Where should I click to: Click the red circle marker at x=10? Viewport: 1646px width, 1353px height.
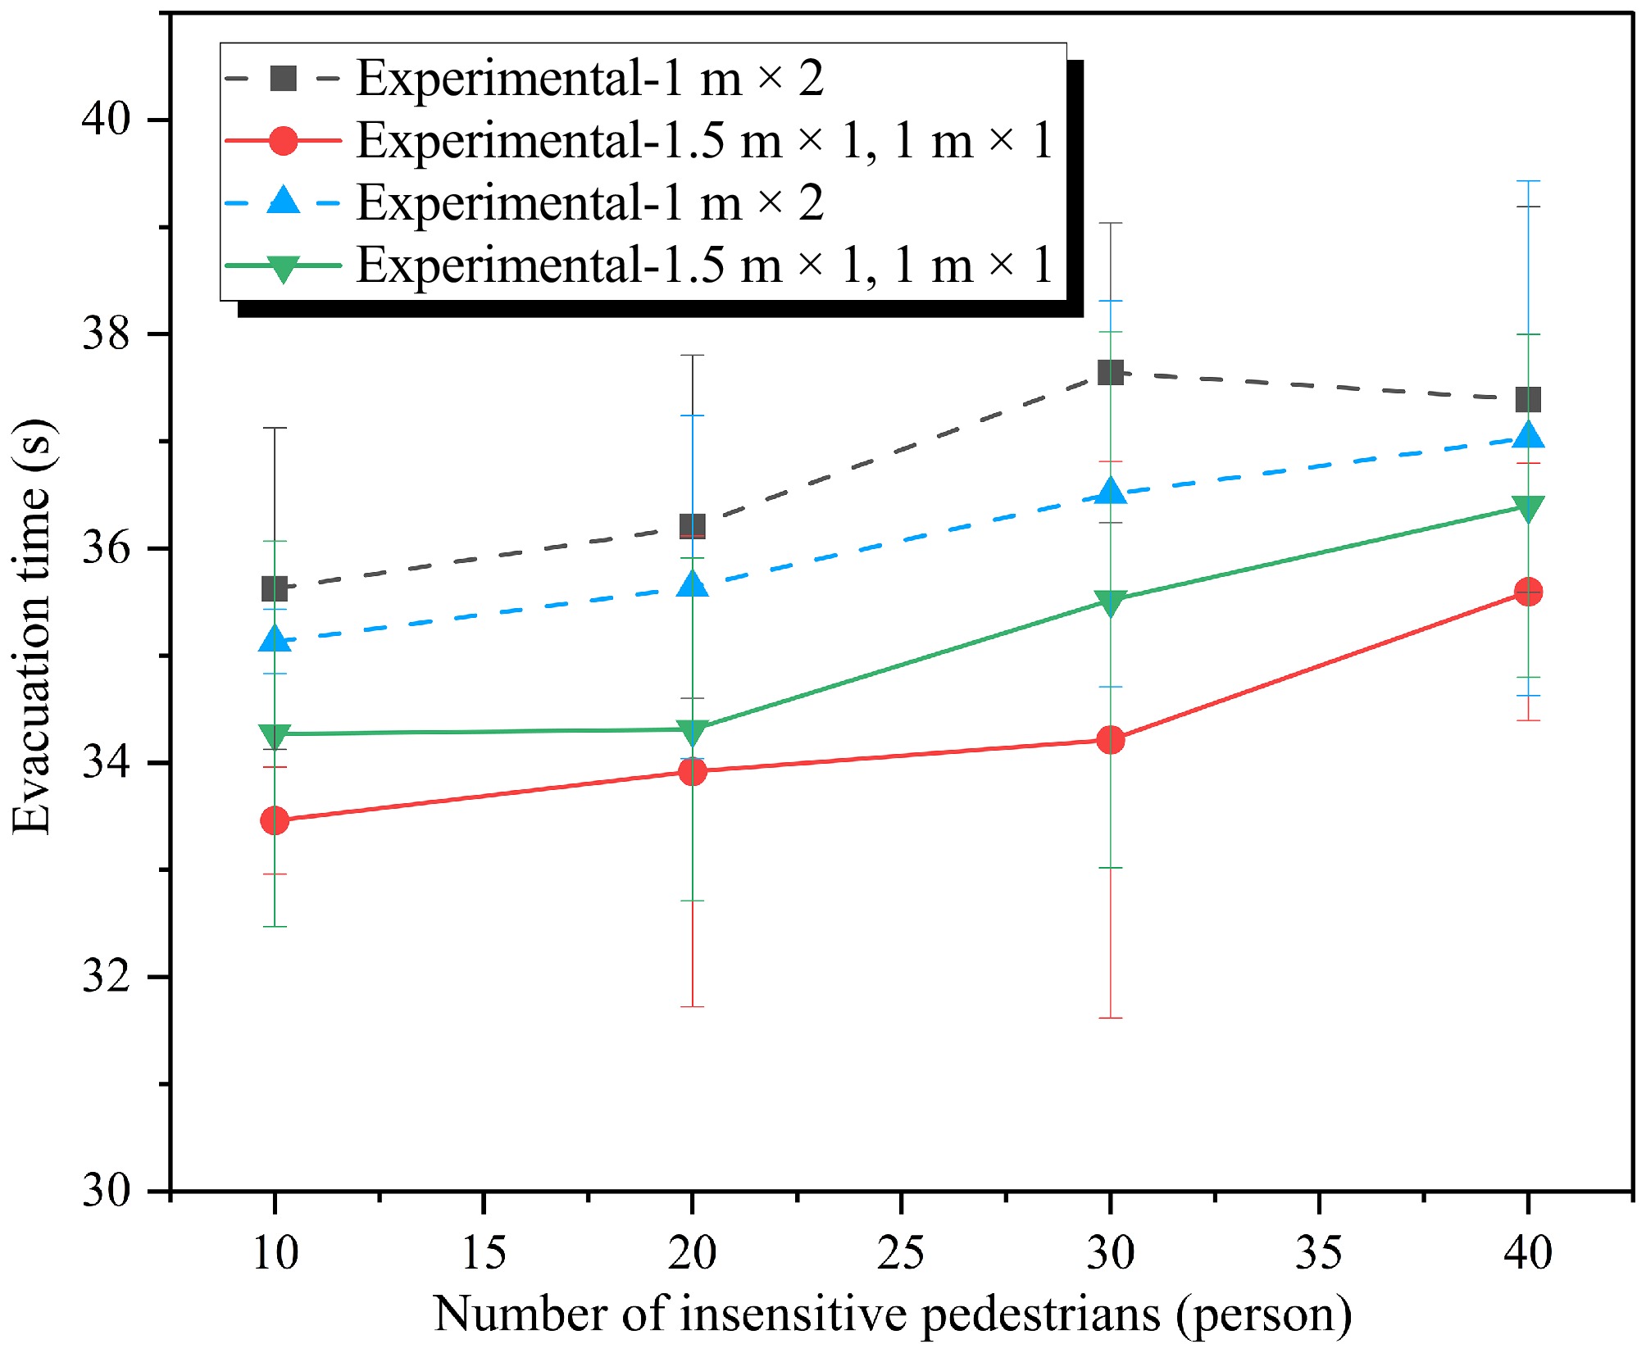[275, 820]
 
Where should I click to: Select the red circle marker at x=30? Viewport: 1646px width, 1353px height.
[1110, 740]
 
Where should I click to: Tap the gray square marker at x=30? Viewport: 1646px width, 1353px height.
[1110, 373]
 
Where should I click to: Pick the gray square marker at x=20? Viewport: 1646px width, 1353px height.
[693, 526]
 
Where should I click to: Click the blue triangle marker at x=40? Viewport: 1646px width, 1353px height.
[1528, 435]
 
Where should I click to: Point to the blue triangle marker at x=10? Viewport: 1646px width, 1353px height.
[275, 639]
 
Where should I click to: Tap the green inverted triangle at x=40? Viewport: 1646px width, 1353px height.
[1528, 509]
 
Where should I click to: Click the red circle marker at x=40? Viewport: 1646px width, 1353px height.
[1528, 591]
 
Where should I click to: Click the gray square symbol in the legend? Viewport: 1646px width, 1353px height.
[283, 79]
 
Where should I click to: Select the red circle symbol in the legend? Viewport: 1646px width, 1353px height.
[283, 141]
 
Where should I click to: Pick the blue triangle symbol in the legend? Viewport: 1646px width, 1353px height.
[283, 202]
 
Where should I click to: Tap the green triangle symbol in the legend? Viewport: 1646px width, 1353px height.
[283, 267]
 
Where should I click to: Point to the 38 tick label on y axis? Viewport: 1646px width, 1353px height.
[107, 334]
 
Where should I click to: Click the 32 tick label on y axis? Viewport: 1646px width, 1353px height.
[107, 977]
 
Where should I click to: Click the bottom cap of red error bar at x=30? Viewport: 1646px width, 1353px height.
[1110, 1018]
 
